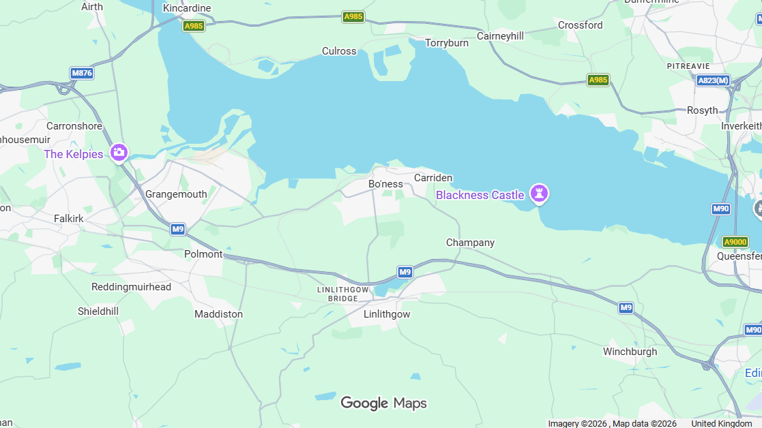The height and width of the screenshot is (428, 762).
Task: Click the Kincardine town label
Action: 187,8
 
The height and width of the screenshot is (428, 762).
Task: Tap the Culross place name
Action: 339,51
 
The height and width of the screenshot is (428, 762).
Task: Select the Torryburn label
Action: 447,43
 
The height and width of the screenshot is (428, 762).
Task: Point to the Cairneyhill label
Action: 500,36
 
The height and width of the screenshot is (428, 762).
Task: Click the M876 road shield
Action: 82,73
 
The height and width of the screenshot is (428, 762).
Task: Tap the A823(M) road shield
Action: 713,80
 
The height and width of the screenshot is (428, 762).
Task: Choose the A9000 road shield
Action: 735,242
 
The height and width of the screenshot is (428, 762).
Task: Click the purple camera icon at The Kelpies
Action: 119,153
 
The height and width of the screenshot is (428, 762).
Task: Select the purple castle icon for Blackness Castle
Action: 540,194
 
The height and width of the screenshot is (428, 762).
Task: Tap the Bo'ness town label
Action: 385,184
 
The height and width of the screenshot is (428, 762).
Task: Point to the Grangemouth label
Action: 176,194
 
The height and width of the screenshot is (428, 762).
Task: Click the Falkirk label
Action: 69,219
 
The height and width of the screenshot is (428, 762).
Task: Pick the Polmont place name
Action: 203,254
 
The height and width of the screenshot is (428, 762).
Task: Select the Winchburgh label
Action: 630,352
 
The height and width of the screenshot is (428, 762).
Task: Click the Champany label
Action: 470,243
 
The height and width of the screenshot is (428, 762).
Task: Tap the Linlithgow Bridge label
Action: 342,294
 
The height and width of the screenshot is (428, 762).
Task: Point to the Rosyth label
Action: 702,110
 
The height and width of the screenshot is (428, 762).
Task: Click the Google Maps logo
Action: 383,403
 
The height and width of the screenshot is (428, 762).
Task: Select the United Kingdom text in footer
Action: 721,424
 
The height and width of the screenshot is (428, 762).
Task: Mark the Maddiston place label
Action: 218,314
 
